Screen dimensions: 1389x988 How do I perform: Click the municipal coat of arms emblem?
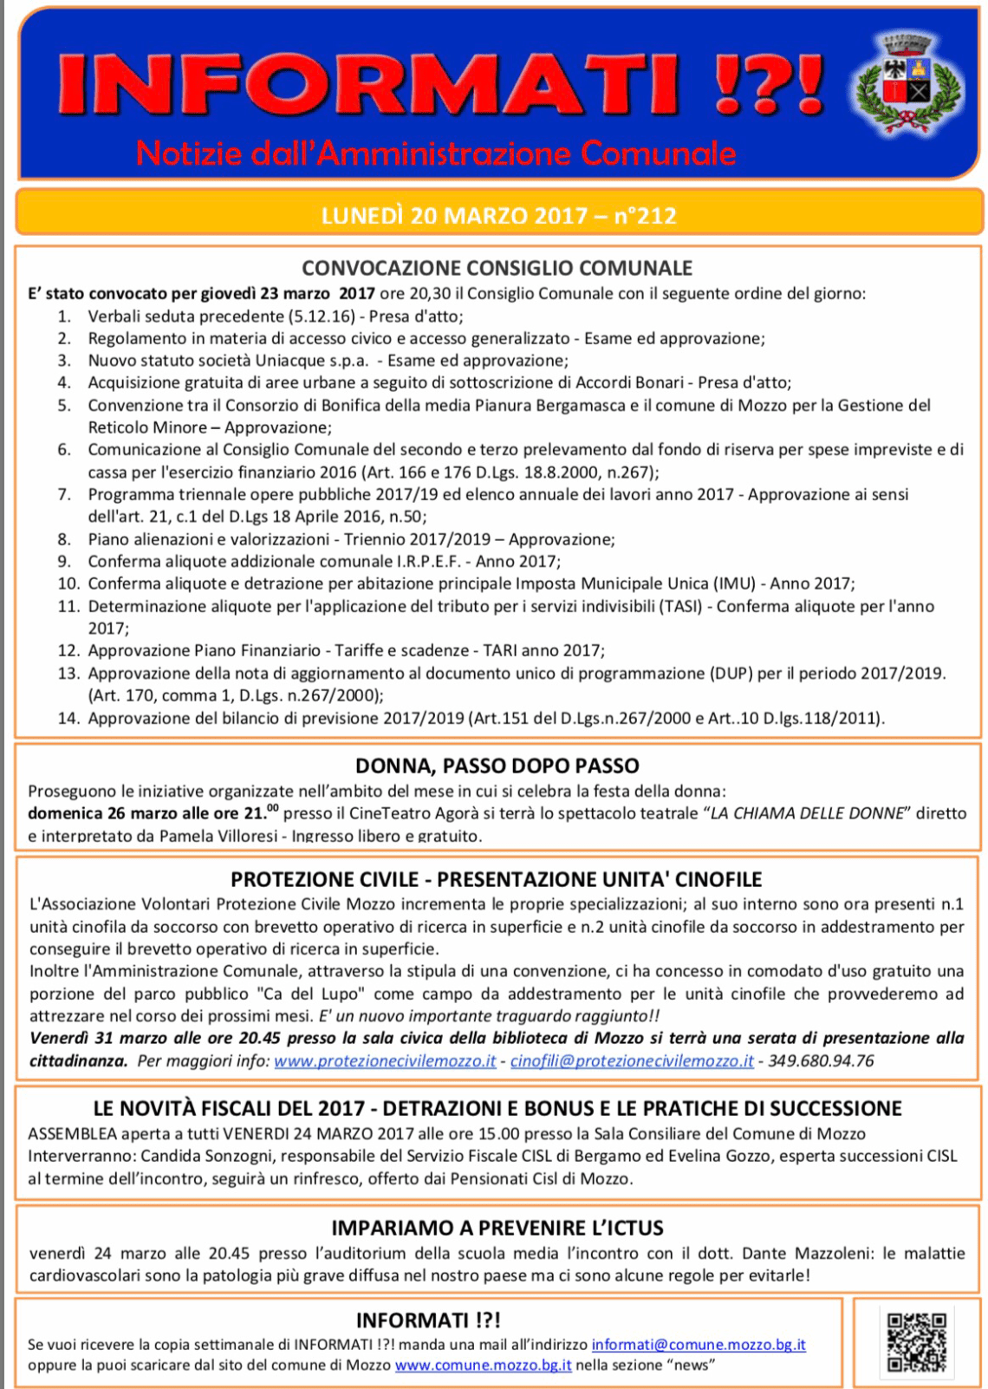click(x=908, y=84)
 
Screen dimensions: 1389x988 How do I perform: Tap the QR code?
click(x=916, y=1342)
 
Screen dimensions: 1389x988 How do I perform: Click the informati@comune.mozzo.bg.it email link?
click(x=699, y=1345)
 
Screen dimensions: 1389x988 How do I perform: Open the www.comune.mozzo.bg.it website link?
click(x=483, y=1366)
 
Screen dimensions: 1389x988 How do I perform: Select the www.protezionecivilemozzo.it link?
click(x=385, y=1061)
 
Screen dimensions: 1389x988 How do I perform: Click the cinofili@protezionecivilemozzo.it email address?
click(x=632, y=1061)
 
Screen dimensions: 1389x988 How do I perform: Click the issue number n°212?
click(x=645, y=215)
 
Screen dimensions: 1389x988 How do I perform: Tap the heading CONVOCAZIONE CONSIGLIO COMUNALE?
click(x=497, y=268)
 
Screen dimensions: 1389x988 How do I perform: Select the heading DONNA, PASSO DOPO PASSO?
click(x=497, y=766)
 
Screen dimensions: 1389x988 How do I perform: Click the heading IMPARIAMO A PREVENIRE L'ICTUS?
click(x=497, y=1228)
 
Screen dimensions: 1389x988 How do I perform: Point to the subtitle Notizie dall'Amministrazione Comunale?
click(x=436, y=153)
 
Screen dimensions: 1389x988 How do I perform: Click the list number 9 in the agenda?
click(x=64, y=562)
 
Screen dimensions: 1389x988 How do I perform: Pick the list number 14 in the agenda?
click(x=68, y=719)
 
